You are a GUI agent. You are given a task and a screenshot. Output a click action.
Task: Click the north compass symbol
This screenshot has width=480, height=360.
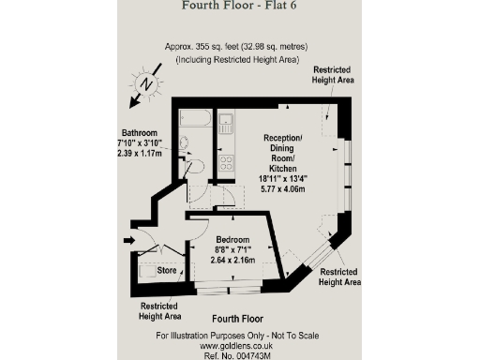click(x=144, y=83)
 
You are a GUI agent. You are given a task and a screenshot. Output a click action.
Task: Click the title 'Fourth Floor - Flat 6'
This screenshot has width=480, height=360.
click(x=239, y=7)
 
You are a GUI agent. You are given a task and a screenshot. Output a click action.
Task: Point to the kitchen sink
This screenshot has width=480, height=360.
click(x=225, y=121)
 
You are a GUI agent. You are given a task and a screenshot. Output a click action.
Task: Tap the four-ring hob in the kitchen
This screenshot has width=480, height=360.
click(x=225, y=162)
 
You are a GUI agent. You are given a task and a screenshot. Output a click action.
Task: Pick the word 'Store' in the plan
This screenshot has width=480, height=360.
click(x=167, y=271)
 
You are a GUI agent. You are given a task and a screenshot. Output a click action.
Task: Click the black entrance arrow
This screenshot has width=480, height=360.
click(x=128, y=241)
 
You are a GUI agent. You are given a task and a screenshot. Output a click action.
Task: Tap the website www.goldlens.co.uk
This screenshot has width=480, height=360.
click(x=239, y=345)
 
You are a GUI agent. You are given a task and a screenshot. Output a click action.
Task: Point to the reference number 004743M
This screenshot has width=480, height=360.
click(x=239, y=355)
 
